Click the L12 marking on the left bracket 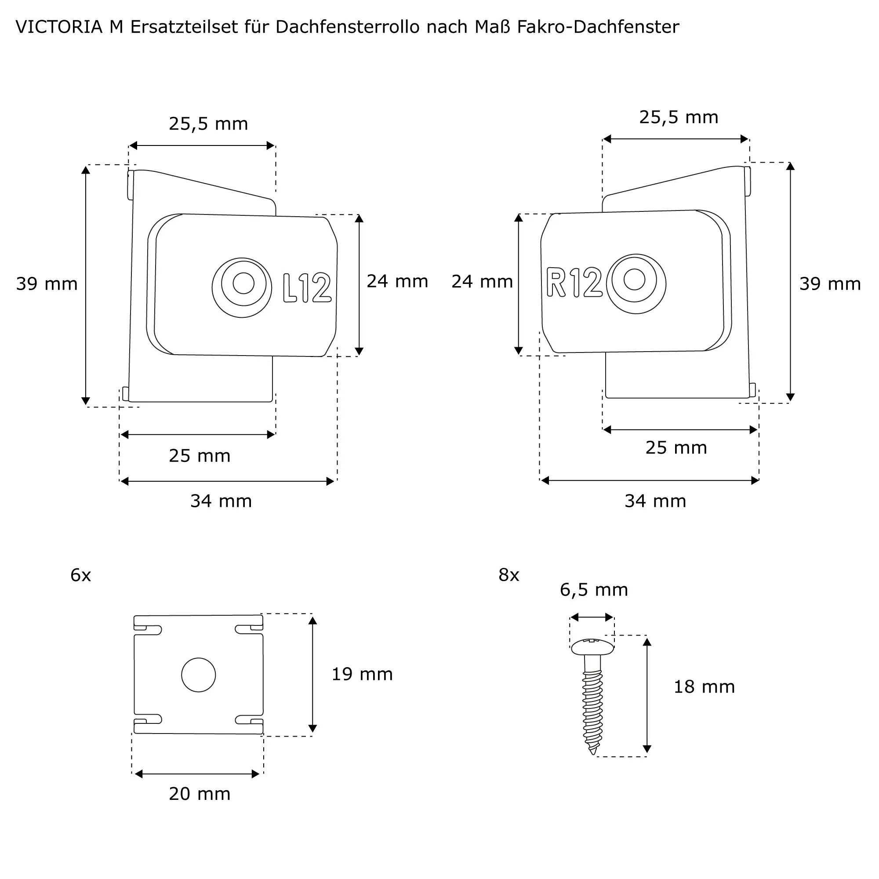tap(307, 287)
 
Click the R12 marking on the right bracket tap(574, 283)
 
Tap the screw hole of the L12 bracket tap(243, 283)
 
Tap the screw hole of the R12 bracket tap(635, 279)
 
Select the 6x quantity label tap(80, 576)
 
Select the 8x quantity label tap(509, 576)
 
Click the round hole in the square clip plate tap(198, 675)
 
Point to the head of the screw tap(592, 647)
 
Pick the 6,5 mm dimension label tap(594, 590)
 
